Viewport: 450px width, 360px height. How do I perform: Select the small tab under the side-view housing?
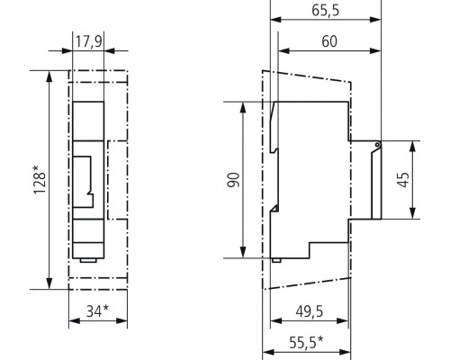[x=277, y=260]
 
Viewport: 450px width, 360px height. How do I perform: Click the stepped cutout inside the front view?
[x=85, y=179]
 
